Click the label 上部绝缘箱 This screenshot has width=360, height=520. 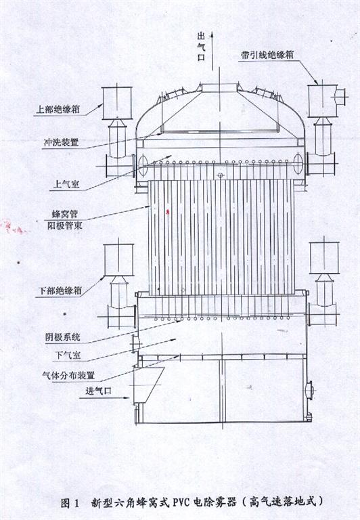coord(58,109)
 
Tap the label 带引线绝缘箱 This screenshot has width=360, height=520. coord(267,55)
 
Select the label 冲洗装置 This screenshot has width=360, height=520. coord(62,143)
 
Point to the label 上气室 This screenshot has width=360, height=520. coord(66,184)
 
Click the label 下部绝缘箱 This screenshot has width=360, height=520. coord(60,291)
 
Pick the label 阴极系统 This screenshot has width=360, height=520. coord(63,338)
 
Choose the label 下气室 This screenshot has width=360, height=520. coord(68,355)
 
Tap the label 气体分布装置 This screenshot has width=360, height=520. coord(68,375)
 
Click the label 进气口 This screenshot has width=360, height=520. coord(98,391)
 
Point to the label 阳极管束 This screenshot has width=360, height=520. coord(65,226)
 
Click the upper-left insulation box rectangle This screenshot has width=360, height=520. coord(117,103)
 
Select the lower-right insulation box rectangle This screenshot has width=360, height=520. coord(324,258)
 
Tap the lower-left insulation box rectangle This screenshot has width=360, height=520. coord(118,260)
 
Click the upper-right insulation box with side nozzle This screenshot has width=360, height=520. coord(326,100)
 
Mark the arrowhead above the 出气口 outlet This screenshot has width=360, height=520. coord(212,35)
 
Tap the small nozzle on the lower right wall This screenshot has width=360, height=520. coord(310,389)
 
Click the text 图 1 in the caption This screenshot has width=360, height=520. coord(70,503)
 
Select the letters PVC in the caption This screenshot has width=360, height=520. coord(180,503)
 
